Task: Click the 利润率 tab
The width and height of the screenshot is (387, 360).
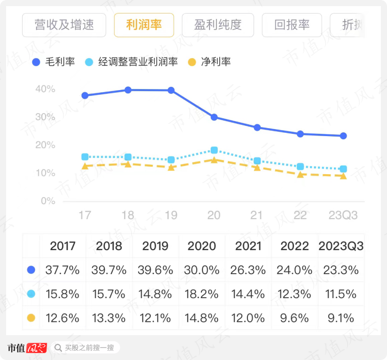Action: [144, 25]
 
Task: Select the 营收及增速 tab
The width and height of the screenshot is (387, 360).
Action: [64, 25]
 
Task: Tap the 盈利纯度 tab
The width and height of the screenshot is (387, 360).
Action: [218, 25]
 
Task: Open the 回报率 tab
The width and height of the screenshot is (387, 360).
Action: [292, 25]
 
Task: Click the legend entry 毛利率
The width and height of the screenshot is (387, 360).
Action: [54, 61]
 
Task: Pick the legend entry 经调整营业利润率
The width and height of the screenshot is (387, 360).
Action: [132, 61]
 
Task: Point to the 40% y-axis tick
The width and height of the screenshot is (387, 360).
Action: [45, 89]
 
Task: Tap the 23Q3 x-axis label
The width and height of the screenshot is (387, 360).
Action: [342, 215]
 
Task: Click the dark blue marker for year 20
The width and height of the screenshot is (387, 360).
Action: [214, 117]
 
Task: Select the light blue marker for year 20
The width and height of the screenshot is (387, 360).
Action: [214, 150]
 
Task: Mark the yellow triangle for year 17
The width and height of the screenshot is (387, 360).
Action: [85, 166]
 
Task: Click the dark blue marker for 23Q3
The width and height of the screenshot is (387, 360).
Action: [343, 136]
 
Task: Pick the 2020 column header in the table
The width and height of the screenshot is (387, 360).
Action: [202, 246]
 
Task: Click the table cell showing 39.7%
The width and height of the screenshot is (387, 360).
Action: [109, 270]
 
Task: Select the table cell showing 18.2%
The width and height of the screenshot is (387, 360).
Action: [202, 294]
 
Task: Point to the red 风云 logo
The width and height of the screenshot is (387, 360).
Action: [36, 348]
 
